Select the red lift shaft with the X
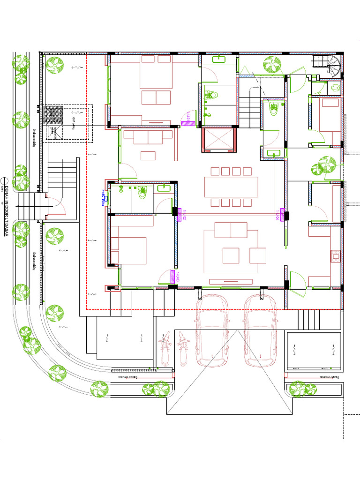[x=218, y=139]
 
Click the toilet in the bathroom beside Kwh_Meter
[x=141, y=192]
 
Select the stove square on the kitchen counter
[x=336, y=256]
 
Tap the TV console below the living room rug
[x=235, y=281]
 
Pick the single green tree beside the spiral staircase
[x=272, y=64]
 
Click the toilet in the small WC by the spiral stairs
[x=335, y=88]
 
